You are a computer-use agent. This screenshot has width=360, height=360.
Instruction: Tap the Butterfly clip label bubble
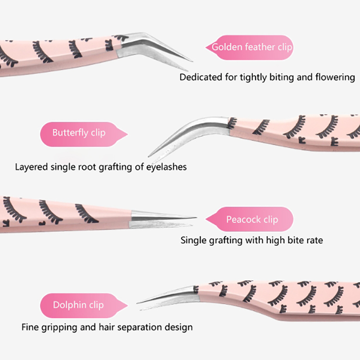coord(79,133)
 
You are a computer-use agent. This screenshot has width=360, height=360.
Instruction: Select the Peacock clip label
coord(252,220)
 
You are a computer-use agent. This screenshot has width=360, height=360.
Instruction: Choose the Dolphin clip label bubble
coord(78,305)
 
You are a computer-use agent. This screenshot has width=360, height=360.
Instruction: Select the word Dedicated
coord(201,77)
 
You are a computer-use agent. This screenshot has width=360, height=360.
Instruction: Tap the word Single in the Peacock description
coord(193,240)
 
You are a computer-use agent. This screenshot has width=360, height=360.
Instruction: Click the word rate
coord(314,240)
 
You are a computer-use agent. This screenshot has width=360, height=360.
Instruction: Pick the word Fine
coord(30,327)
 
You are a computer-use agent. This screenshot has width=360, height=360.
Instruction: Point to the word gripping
coord(58,327)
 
